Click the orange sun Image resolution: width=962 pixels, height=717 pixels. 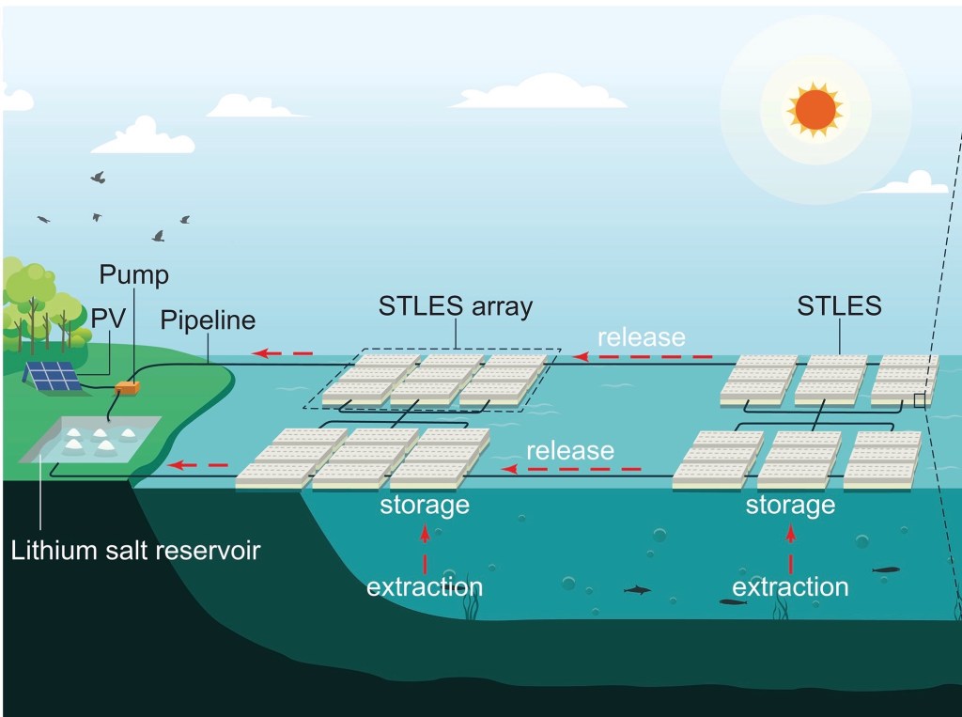[x=815, y=109]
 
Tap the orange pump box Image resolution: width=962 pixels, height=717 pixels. [x=127, y=386]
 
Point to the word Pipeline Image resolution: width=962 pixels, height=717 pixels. [x=208, y=320]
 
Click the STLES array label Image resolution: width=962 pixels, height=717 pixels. [x=456, y=306]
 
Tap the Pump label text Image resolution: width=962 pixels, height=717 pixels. [x=134, y=275]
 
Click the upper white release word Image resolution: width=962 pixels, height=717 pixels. [x=642, y=336]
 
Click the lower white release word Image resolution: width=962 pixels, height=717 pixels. [x=570, y=450]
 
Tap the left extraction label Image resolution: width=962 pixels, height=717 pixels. [x=425, y=587]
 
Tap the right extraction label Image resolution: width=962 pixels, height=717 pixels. [x=790, y=587]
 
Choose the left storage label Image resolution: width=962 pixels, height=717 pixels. [x=425, y=505]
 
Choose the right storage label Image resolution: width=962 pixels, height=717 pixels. [x=790, y=505]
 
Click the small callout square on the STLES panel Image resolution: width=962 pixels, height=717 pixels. [x=920, y=401]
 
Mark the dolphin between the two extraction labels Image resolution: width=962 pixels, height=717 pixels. [x=638, y=589]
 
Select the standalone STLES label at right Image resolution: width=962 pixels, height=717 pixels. [x=839, y=306]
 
